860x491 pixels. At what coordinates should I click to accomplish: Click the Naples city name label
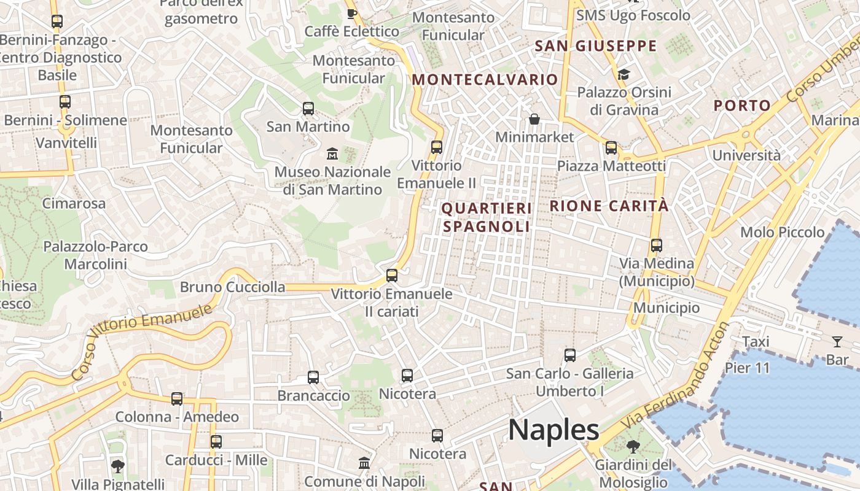tap(553, 430)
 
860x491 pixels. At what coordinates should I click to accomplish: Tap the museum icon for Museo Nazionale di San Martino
tap(332, 153)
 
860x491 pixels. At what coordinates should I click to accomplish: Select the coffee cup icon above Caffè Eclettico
tap(352, 14)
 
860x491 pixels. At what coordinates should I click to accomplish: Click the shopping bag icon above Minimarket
tap(534, 118)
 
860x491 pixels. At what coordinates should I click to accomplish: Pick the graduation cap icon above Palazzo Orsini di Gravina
tap(623, 75)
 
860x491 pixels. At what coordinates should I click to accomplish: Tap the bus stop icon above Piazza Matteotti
tap(611, 148)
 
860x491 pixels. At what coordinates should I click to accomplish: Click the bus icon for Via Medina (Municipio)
tap(656, 245)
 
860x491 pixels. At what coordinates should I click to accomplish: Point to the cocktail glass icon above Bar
tap(837, 342)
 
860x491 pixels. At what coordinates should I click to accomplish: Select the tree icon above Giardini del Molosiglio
tap(632, 446)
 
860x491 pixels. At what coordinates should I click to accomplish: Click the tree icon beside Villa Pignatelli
tap(117, 466)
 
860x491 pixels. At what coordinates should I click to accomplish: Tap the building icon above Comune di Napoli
tap(364, 463)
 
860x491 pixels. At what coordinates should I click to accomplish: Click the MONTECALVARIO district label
tap(485, 80)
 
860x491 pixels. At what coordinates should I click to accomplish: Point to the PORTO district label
tap(742, 106)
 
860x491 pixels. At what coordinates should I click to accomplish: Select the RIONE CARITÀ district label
tap(609, 206)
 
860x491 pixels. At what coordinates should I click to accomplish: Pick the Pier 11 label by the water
tap(747, 368)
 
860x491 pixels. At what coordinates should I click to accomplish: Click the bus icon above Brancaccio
tap(313, 377)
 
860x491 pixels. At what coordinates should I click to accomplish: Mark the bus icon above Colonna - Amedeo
tap(177, 399)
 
